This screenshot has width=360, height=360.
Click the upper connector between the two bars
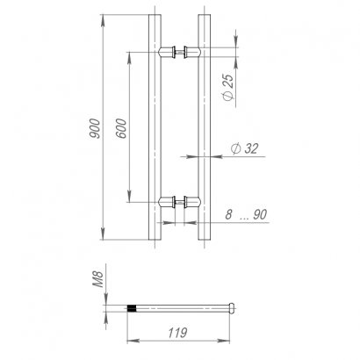coord(181,52)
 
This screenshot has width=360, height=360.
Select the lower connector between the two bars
coord(181,203)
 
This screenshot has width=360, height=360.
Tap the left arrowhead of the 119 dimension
coord(133,342)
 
